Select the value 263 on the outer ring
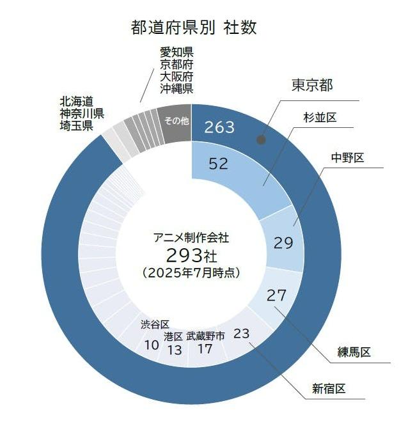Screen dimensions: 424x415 coord(220,127)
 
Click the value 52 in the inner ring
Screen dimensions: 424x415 coord(219,164)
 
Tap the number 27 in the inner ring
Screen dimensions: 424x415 coord(277,295)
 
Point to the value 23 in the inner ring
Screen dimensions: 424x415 coord(242,333)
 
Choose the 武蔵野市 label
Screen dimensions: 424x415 coord(205,336)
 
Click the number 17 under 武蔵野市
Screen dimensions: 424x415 coord(205,349)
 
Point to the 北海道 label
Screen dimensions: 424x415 coord(77,101)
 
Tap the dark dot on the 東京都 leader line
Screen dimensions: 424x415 coord(260,139)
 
